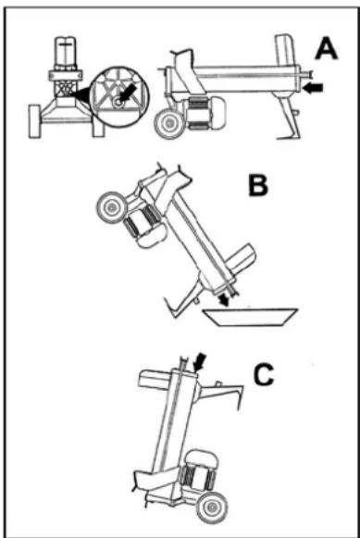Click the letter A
(x=326, y=45)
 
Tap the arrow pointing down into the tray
(x=226, y=300)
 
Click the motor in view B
(x=142, y=229)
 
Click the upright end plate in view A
(x=283, y=56)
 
